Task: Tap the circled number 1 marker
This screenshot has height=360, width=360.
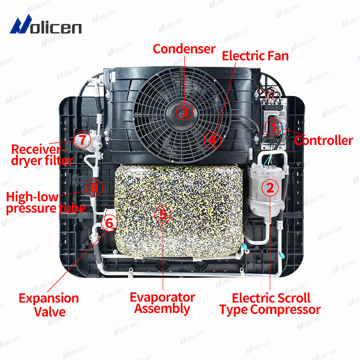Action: [x=272, y=127]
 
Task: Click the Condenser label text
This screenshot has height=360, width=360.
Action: [x=184, y=48]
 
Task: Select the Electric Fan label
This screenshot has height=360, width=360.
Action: [x=255, y=56]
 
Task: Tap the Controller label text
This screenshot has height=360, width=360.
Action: [x=324, y=141]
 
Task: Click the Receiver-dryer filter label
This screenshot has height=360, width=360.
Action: [x=42, y=155]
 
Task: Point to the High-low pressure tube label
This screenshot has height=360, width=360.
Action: [x=46, y=202]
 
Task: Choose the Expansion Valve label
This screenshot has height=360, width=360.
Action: [x=49, y=304]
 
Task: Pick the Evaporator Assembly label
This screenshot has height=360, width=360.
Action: [x=162, y=303]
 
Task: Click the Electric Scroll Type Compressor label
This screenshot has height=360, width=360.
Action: [x=270, y=303]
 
